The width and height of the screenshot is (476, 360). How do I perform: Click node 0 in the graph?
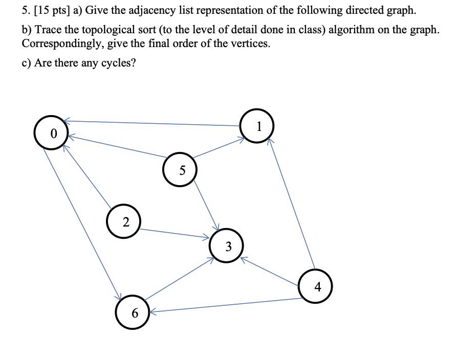[52, 133]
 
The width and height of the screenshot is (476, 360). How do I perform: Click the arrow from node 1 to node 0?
[154, 123]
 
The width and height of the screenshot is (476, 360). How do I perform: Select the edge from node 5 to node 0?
[118, 146]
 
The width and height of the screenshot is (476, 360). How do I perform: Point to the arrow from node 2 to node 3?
[174, 233]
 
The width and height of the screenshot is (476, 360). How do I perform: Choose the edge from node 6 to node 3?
[179, 279]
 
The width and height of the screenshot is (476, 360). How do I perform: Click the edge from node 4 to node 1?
[292, 205]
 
